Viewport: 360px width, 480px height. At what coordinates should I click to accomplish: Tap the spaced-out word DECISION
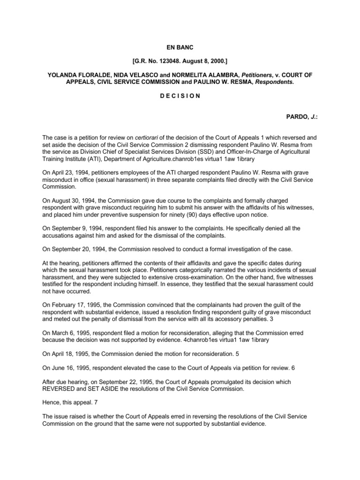(x=180, y=96)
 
